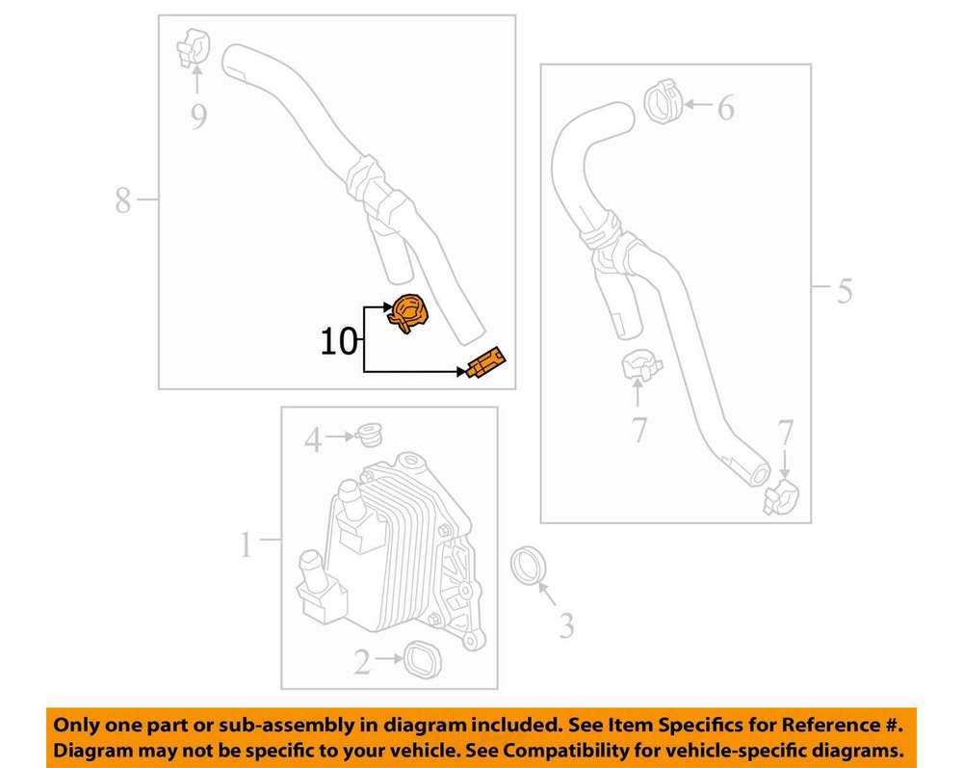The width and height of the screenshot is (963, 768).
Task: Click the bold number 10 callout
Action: (x=338, y=342)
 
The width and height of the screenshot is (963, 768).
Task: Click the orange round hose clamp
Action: (x=407, y=313)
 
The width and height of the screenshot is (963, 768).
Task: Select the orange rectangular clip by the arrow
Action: (x=485, y=363)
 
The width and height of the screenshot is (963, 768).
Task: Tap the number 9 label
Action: (x=197, y=117)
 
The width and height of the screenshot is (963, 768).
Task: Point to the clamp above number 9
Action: (x=194, y=47)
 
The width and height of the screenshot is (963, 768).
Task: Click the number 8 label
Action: (x=123, y=200)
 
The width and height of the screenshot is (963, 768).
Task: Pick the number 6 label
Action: (x=726, y=108)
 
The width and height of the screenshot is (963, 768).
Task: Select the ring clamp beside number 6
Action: (x=664, y=101)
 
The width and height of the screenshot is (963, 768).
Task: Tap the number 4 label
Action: (x=313, y=440)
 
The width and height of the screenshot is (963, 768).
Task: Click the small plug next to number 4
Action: (x=369, y=435)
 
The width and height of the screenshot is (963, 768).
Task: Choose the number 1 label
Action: (x=247, y=544)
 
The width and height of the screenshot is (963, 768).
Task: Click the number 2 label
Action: (x=362, y=662)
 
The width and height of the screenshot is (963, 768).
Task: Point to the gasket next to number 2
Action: (x=423, y=659)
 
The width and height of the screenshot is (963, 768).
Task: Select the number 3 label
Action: (x=566, y=625)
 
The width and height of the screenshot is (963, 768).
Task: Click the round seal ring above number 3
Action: (x=528, y=565)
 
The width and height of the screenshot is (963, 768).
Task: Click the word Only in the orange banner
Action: (x=76, y=725)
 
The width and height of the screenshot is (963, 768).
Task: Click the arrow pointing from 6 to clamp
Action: (x=698, y=105)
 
